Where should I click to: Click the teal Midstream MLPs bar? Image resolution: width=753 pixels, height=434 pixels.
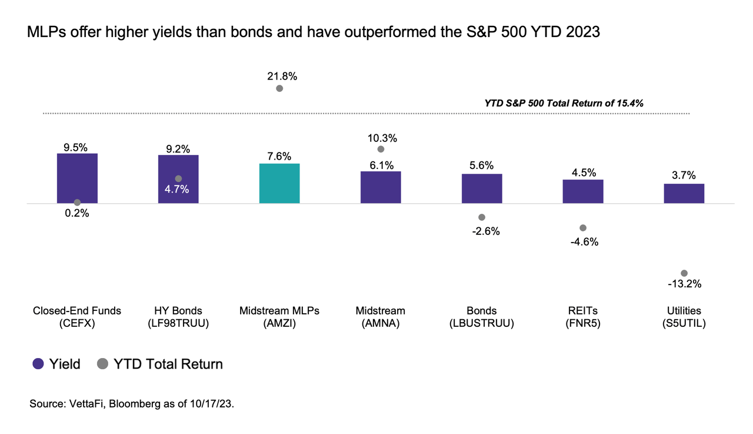(x=279, y=183)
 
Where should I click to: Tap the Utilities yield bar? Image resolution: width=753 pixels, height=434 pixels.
(x=684, y=193)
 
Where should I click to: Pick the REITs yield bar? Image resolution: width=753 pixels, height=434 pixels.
(x=583, y=191)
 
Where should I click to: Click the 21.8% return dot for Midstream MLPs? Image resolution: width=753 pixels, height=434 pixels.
(x=279, y=88)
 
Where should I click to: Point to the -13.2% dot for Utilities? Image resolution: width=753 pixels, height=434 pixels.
(x=684, y=273)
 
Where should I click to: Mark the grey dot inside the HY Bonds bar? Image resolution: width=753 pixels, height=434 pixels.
(x=178, y=178)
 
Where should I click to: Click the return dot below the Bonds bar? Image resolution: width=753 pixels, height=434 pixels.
(x=482, y=217)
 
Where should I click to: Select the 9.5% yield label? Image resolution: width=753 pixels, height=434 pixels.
(x=77, y=146)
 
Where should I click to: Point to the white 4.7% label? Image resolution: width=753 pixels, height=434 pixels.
(x=178, y=190)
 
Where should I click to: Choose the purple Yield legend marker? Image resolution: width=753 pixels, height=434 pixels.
(x=38, y=364)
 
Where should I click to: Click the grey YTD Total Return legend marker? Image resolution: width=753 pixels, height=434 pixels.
(x=103, y=364)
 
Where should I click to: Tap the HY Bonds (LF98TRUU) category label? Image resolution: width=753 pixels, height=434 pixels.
(x=178, y=317)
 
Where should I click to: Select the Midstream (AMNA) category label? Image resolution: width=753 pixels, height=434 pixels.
(x=381, y=317)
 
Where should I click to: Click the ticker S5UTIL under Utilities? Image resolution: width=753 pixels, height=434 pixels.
(x=684, y=323)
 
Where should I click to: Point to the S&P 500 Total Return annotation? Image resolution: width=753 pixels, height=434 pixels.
(x=564, y=103)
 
